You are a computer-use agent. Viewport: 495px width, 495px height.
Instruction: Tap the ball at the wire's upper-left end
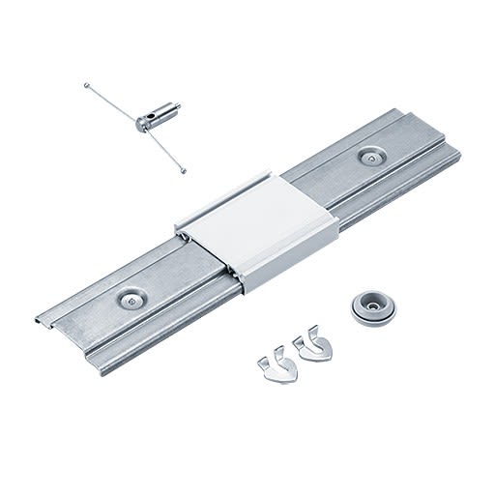click(x=86, y=86)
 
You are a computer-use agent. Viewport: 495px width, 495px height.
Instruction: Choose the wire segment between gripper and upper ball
click(x=111, y=102)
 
